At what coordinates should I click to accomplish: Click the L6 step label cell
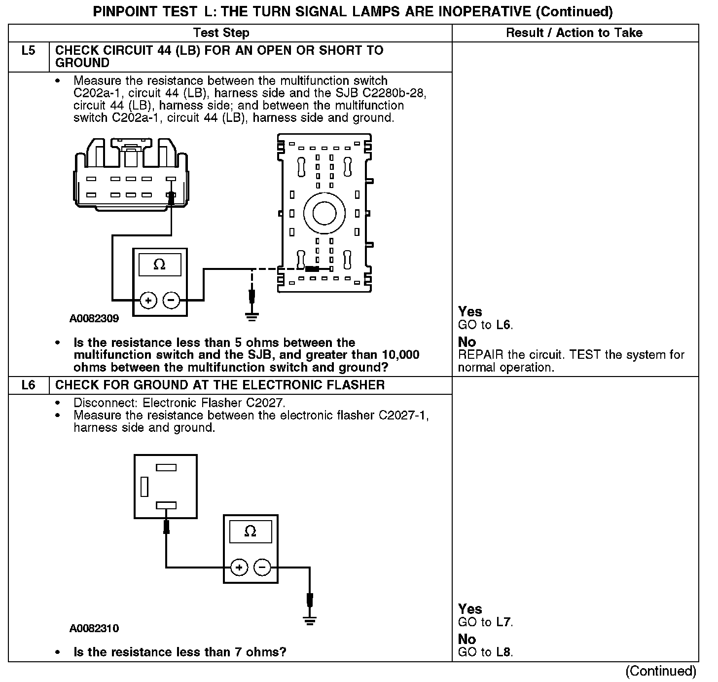pyautogui.click(x=29, y=385)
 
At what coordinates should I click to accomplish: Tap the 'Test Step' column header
pyautogui.click(x=221, y=33)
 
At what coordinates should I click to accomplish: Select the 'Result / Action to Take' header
pyautogui.click(x=574, y=33)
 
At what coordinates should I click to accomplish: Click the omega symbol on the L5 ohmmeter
pyautogui.click(x=159, y=265)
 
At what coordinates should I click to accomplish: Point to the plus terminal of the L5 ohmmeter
pyautogui.click(x=148, y=300)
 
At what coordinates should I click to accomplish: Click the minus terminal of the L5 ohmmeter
pyautogui.click(x=171, y=300)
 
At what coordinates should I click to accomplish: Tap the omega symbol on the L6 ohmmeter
pyautogui.click(x=250, y=531)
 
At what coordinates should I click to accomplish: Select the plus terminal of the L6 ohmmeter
pyautogui.click(x=239, y=568)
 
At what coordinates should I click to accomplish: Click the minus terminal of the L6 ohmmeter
pyautogui.click(x=262, y=568)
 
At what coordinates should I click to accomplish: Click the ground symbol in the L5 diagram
pyautogui.click(x=252, y=316)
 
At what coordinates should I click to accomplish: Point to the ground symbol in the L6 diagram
pyautogui.click(x=309, y=621)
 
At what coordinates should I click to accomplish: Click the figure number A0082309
pyautogui.click(x=94, y=319)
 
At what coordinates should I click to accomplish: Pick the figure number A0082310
pyautogui.click(x=94, y=629)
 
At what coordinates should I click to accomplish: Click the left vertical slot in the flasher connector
pyautogui.click(x=144, y=486)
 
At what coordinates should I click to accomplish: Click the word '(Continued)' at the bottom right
pyautogui.click(x=661, y=671)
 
